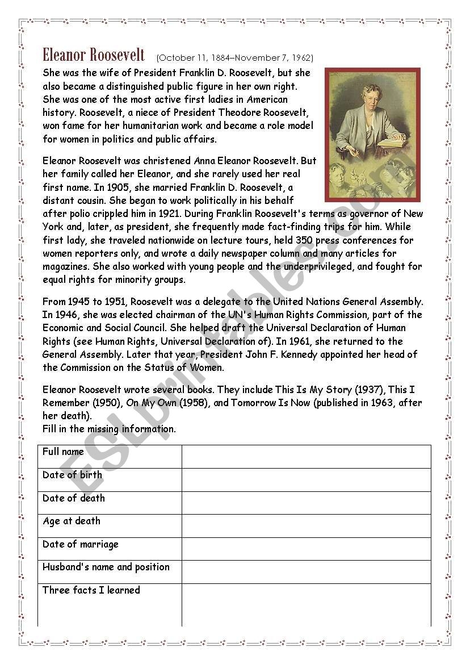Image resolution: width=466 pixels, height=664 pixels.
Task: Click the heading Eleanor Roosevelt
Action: [x=94, y=55]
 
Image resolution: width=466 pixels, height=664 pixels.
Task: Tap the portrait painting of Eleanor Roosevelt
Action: [x=372, y=135]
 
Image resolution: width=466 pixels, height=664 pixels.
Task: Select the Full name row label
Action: [x=63, y=452]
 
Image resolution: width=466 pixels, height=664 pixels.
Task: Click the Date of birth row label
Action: [x=72, y=475]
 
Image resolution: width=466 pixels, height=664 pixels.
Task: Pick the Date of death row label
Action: [x=73, y=498]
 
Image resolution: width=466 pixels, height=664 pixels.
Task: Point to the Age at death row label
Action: [x=71, y=521]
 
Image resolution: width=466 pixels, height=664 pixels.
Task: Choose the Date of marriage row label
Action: [x=80, y=544]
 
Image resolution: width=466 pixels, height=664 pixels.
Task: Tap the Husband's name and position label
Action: [x=106, y=567]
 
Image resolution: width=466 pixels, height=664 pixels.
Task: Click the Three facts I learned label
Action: [x=91, y=590]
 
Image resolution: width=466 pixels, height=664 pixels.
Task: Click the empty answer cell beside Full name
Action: [x=306, y=456]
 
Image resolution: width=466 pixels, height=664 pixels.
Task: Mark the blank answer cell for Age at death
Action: [x=306, y=525]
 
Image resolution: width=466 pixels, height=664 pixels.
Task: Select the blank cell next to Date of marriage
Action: [x=306, y=549]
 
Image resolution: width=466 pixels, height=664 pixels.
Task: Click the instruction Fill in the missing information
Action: [x=109, y=429]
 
